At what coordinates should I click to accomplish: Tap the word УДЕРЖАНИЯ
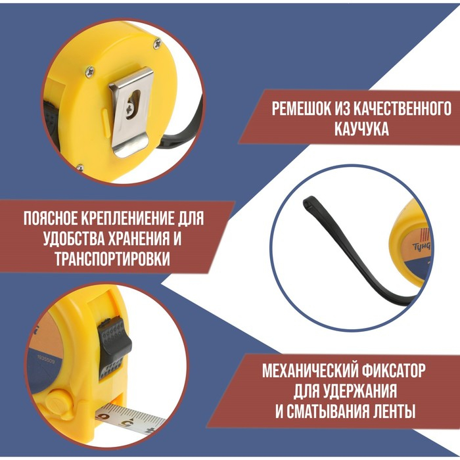click(361, 392)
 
